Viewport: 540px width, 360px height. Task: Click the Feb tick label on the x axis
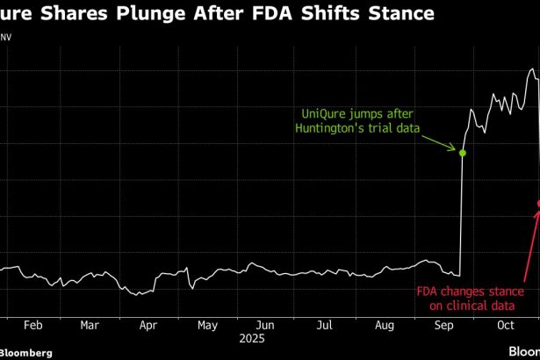click(x=32, y=324)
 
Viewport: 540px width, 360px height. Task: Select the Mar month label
click(x=90, y=324)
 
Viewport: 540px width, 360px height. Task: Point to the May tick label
click(x=207, y=324)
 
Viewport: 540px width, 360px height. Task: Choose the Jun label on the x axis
click(x=266, y=324)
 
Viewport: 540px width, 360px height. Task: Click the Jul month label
click(x=324, y=324)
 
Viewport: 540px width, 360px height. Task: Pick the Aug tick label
click(x=383, y=324)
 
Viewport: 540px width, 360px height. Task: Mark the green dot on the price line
click(x=463, y=153)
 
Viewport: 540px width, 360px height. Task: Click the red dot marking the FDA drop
click(x=539, y=204)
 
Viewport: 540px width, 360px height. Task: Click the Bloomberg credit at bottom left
click(x=26, y=352)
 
